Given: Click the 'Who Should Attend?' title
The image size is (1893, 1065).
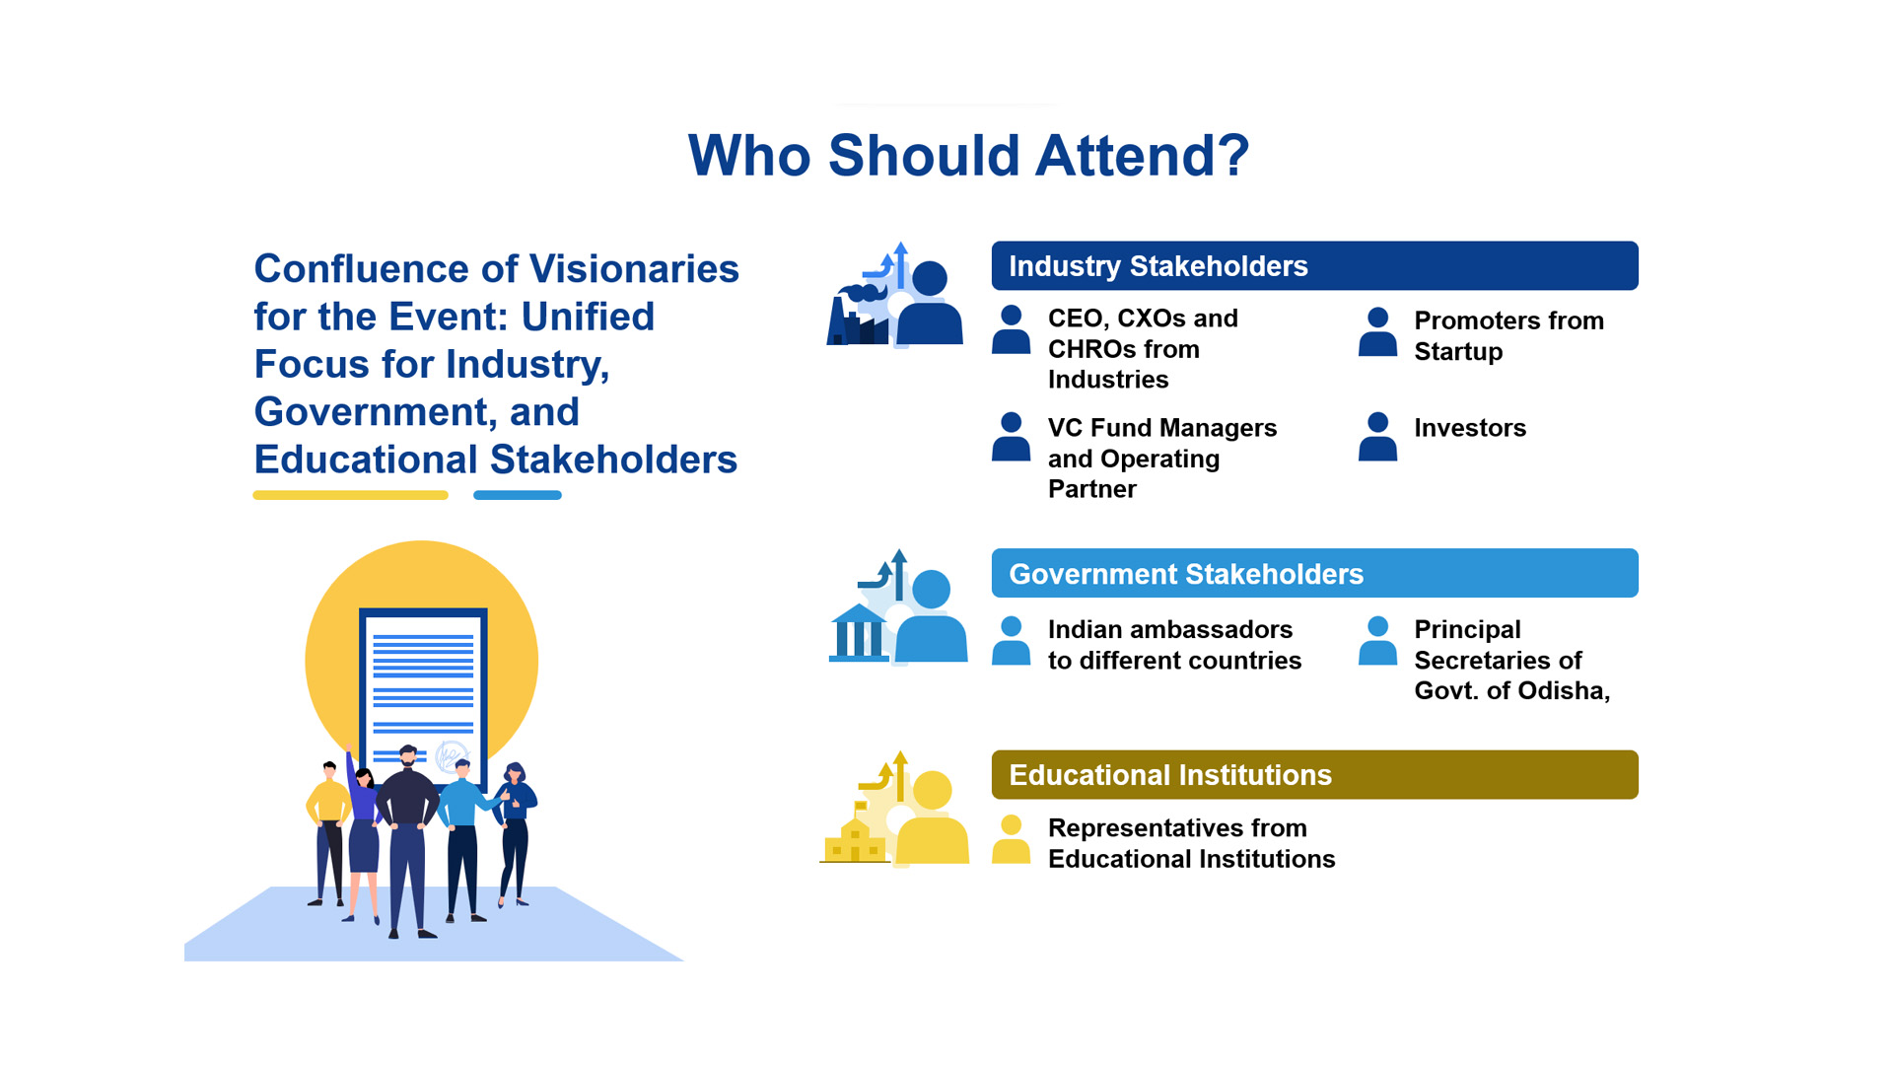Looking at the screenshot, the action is (968, 156).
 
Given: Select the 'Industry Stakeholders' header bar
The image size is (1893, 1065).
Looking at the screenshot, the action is (1314, 265).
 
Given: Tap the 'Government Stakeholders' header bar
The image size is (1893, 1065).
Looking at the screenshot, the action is (1314, 573).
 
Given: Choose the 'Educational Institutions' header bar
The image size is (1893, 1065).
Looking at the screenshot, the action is (1314, 775).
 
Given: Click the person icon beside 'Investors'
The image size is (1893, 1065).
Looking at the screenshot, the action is (1377, 437).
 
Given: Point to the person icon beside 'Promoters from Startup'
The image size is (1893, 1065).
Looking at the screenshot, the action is (1377, 331).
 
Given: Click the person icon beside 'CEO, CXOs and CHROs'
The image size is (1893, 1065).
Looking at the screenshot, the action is (1011, 329).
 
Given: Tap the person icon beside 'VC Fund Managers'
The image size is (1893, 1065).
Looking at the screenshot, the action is (1011, 437).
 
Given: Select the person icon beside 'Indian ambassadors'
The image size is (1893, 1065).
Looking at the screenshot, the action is (1011, 641).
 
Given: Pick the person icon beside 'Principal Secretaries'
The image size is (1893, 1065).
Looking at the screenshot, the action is (1377, 641).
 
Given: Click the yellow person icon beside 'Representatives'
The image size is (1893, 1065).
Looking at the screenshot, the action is (1011, 839).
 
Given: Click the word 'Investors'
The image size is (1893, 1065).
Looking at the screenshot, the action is (1470, 428).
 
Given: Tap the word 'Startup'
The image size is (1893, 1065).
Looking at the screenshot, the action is (1458, 352).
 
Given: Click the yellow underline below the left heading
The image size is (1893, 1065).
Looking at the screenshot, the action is (350, 495).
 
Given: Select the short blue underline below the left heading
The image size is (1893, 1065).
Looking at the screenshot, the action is (518, 495).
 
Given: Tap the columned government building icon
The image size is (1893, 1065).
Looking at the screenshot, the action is (859, 633).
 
